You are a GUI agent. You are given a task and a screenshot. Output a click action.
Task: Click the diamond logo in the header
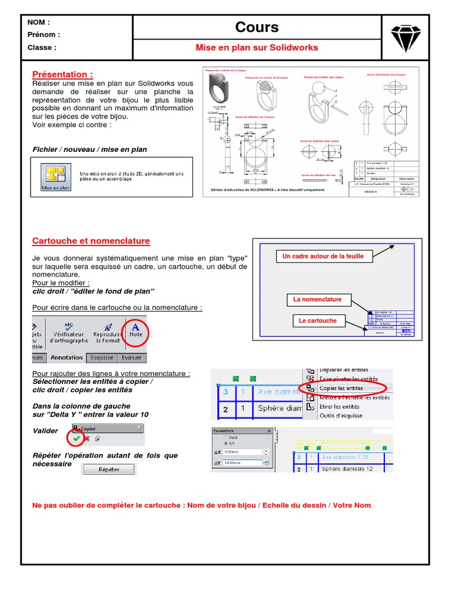(406, 37)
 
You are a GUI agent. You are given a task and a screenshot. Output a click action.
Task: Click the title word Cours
(257, 27)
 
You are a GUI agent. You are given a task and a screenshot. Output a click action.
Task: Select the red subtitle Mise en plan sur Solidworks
(257, 48)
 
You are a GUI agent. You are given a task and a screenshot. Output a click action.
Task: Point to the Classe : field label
(42, 48)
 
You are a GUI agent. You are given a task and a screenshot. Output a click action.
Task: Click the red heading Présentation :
(62, 74)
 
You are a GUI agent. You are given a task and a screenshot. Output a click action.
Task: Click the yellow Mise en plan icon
(55, 175)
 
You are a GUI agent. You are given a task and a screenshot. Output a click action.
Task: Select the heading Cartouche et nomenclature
(91, 241)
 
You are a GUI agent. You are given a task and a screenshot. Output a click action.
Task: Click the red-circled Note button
(136, 332)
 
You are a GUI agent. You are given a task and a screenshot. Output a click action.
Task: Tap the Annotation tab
(67, 357)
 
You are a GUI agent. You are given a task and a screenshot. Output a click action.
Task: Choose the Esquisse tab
(102, 357)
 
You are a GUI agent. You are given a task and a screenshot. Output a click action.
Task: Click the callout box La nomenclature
(317, 300)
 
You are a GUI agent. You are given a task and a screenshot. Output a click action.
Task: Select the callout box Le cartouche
(318, 321)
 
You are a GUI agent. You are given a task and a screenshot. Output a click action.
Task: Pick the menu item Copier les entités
(341, 388)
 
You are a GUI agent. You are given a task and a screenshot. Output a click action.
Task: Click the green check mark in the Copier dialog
(76, 439)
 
